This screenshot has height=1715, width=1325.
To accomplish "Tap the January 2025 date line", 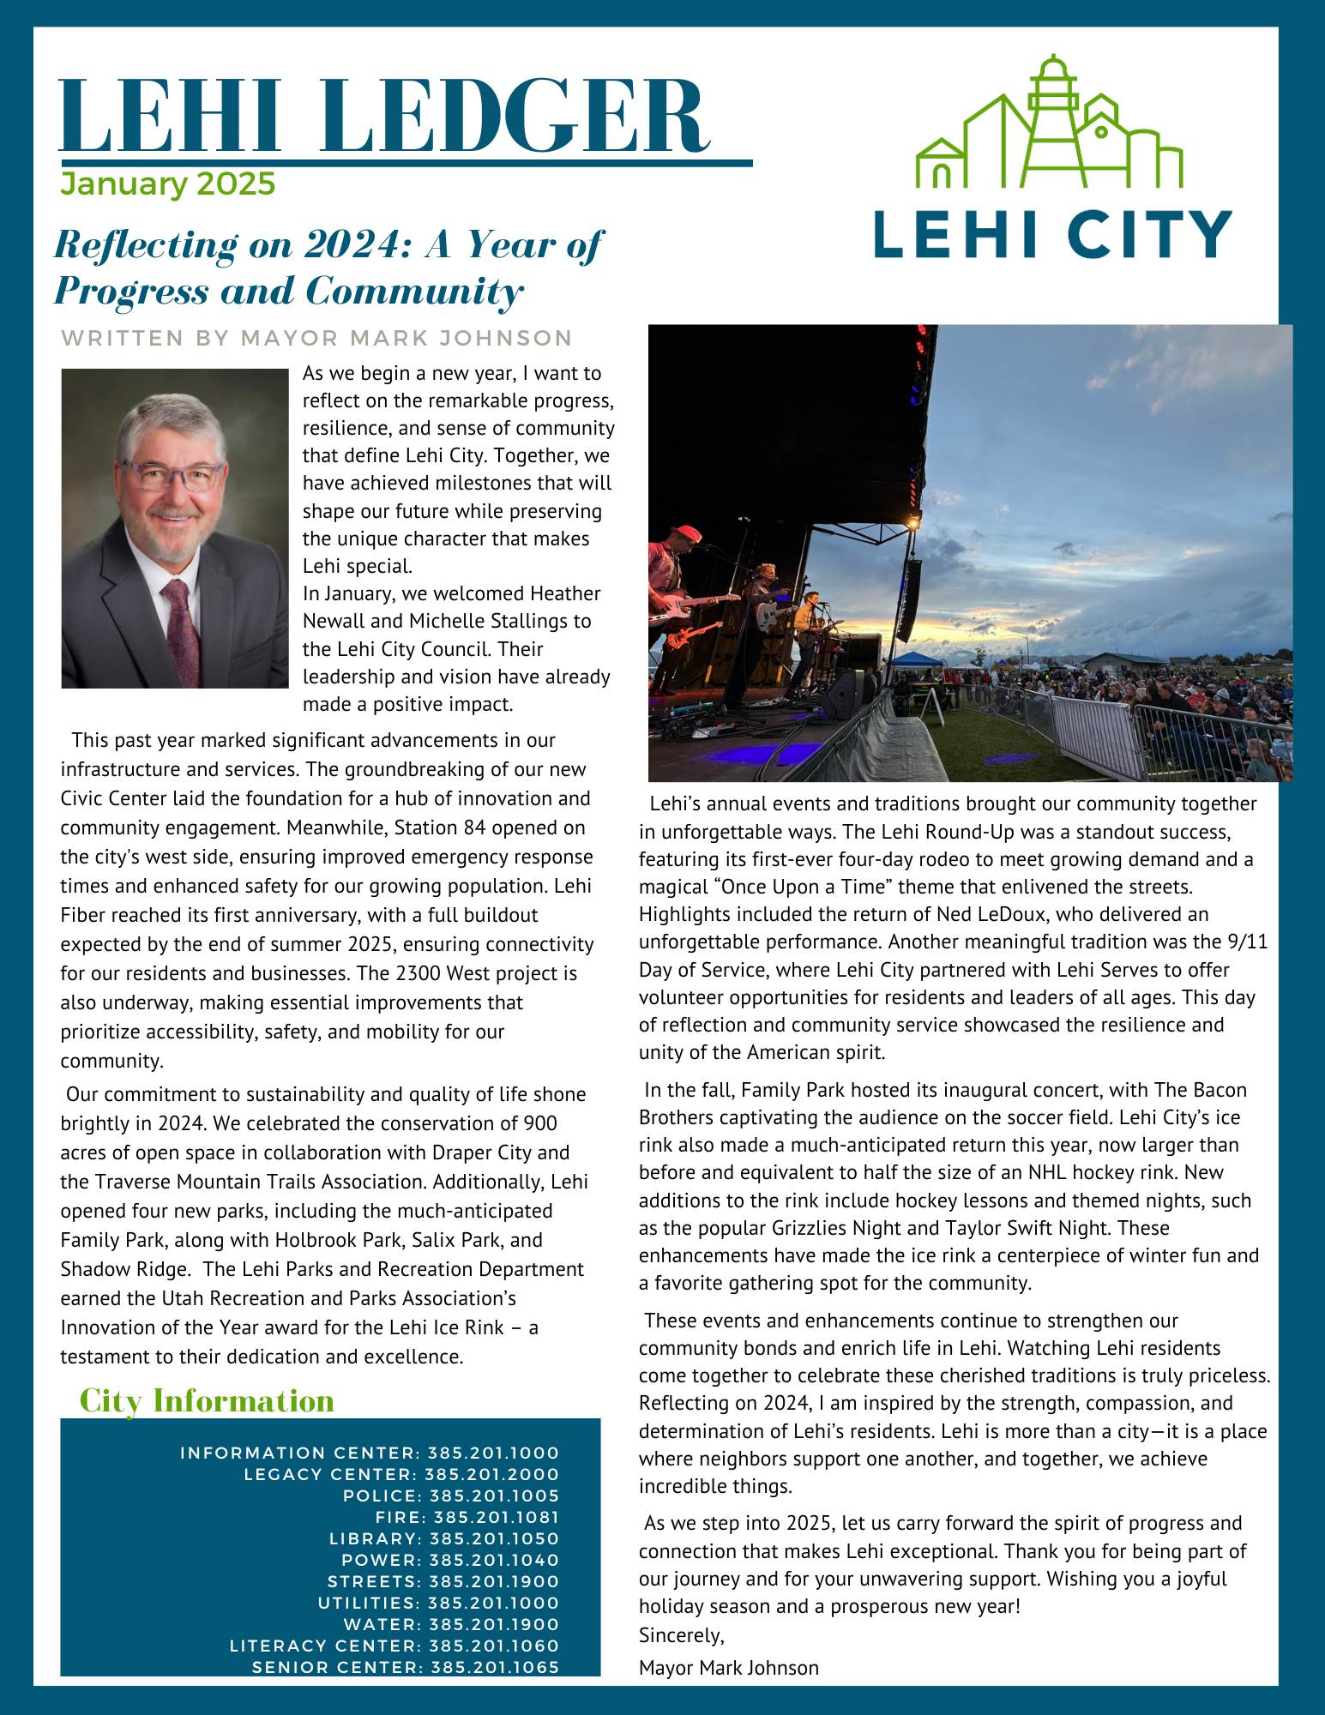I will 168,184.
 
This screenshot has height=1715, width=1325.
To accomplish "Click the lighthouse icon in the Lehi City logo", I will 1051,120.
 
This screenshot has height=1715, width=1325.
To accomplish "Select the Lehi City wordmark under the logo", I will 1052,234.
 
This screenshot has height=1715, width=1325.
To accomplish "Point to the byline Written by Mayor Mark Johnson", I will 316,338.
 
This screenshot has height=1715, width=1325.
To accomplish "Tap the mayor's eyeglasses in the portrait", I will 172,475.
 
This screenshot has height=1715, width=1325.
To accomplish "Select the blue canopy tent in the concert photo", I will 917,659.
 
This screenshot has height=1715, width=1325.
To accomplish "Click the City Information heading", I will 207,1401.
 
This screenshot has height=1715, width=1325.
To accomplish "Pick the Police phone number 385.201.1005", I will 451,1496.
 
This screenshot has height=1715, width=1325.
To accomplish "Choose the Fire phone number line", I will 467,1518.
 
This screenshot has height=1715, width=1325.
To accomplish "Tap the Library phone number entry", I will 444,1539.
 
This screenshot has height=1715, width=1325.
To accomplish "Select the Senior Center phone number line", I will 406,1668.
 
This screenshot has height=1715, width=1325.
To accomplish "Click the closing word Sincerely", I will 682,1635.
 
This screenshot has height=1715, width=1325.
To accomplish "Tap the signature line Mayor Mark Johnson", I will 729,1668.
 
